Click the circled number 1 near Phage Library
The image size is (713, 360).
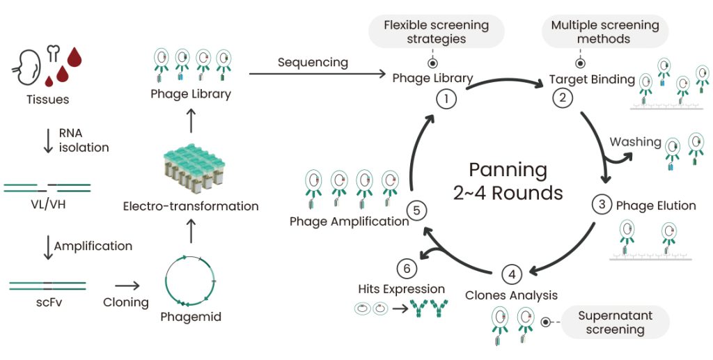pyautogui.click(x=446, y=100)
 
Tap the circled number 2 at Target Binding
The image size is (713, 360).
pyautogui.click(x=562, y=97)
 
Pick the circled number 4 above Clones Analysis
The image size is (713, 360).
pyautogui.click(x=512, y=274)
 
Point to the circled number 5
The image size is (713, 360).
pyautogui.click(x=416, y=210)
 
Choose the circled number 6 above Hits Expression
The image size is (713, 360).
pyautogui.click(x=407, y=267)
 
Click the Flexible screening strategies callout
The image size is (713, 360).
pyautogui.click(x=436, y=31)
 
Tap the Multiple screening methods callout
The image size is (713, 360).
pyautogui.click(x=604, y=31)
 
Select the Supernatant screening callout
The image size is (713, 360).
pyautogui.click(x=615, y=322)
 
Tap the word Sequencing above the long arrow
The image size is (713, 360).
pyautogui.click(x=312, y=62)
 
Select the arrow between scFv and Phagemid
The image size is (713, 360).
pyautogui.click(x=126, y=285)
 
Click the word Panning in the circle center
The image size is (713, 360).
pyautogui.click(x=508, y=170)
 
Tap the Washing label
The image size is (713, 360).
pyautogui.click(x=635, y=142)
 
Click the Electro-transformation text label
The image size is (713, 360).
pyautogui.click(x=190, y=206)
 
